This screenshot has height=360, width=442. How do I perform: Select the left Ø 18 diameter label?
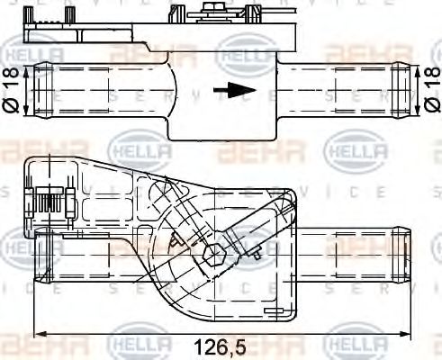point(12,89)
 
